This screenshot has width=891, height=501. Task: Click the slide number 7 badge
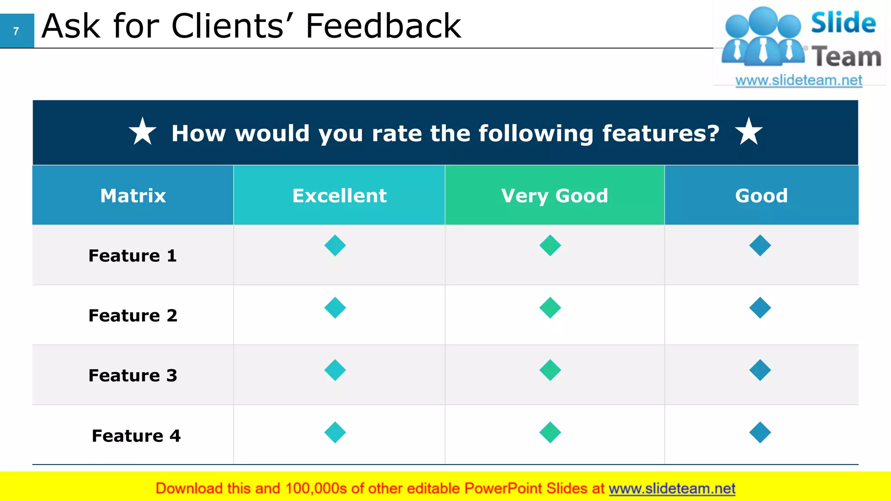click(17, 31)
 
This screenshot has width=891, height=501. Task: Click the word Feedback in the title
click(383, 26)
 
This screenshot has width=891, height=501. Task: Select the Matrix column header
click(133, 196)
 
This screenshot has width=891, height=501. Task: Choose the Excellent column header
click(339, 196)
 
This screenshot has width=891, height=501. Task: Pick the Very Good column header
click(555, 196)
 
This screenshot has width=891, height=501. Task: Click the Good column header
click(761, 196)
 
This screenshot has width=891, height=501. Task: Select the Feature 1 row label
click(133, 256)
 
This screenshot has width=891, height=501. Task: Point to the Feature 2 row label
click(133, 316)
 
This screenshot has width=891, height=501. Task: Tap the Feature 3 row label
click(133, 376)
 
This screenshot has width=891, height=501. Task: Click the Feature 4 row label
click(136, 436)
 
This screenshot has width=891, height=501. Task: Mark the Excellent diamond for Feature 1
click(335, 245)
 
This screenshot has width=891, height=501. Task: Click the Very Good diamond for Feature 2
click(550, 308)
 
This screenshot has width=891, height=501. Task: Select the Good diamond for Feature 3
click(760, 370)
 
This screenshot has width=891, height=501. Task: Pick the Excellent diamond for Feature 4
click(335, 432)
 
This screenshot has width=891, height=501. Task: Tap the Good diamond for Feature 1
click(760, 245)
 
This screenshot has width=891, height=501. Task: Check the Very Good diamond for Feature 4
click(550, 432)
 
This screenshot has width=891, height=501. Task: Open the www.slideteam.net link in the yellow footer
click(672, 489)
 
